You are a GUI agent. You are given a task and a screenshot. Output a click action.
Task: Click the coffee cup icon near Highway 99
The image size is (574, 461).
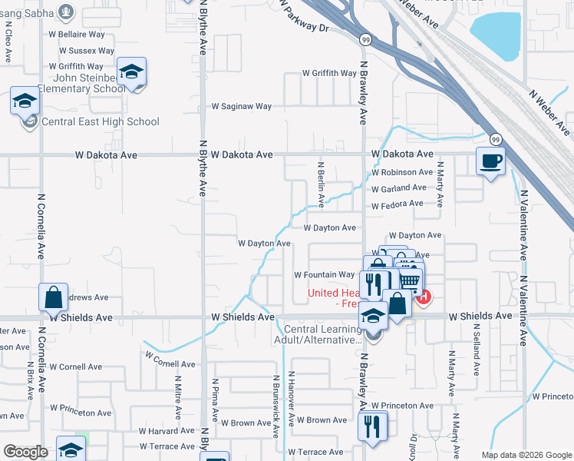point(491,161)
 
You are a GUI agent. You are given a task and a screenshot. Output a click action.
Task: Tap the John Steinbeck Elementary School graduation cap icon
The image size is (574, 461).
point(132,72)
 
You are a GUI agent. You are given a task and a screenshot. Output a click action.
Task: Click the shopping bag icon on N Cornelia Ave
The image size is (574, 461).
point(53,297)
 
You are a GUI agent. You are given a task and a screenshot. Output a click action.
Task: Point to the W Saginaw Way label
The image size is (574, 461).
point(242,106)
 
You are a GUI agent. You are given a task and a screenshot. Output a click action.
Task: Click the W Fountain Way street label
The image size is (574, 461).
point(325,274)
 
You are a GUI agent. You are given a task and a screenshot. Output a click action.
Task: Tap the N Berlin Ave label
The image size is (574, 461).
point(321,184)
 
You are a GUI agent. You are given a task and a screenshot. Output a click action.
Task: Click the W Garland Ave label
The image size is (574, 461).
point(398,187)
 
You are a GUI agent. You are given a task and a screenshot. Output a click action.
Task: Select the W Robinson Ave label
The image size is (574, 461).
point(401,172)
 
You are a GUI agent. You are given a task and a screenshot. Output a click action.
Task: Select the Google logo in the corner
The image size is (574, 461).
point(26,452)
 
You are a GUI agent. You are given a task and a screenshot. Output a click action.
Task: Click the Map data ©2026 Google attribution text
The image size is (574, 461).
point(526,455)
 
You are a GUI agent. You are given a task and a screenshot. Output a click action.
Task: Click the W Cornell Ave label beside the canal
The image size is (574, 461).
point(170,364)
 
